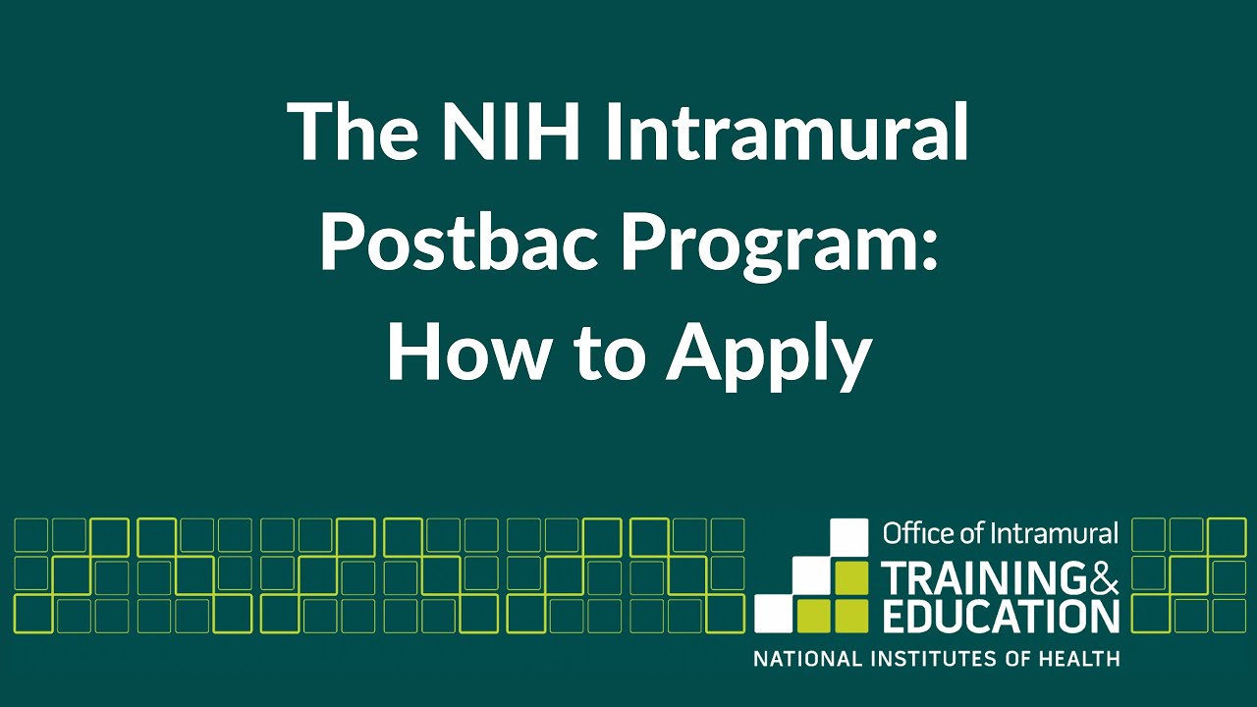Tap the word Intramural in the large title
pyautogui.click(x=787, y=133)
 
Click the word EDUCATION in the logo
pyautogui.click(x=1001, y=616)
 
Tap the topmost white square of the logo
pyautogui.click(x=849, y=537)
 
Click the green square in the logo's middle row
pyautogui.click(x=849, y=575)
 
